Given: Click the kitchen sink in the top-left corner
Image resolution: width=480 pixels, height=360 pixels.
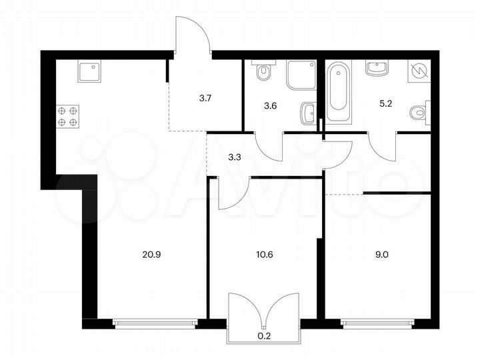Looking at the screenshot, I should [89, 70].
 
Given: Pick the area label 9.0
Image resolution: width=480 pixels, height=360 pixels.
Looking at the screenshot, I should [375, 253].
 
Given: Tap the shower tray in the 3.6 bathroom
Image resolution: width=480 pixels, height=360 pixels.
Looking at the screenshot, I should [301, 75].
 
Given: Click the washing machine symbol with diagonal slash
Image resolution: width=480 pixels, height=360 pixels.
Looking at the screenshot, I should [419, 71].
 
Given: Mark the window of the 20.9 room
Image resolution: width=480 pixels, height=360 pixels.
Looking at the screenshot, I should [155, 325].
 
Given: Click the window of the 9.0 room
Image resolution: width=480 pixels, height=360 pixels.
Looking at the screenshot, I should [377, 325].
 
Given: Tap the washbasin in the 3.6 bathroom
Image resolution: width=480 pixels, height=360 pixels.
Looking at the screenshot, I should [307, 113].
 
